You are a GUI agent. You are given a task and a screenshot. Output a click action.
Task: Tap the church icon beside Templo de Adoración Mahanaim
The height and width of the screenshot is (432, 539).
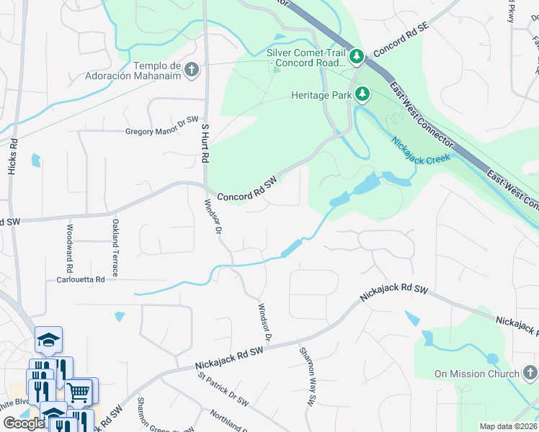tap(191, 70)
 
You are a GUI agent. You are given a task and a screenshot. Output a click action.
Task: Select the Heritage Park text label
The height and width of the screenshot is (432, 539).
tap(321, 94)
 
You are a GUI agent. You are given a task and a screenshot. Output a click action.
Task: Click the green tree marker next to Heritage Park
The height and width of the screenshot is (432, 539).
tap(364, 94)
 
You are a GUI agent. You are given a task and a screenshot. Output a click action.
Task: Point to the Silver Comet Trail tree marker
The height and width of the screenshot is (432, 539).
tap(356, 56)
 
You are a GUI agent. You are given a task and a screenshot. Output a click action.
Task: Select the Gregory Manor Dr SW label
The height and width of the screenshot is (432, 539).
tap(161, 131)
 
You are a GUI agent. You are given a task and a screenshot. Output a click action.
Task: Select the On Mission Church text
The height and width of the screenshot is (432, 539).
tap(476, 374)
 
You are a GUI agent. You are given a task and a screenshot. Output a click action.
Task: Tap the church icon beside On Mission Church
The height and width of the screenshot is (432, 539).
tap(530, 373)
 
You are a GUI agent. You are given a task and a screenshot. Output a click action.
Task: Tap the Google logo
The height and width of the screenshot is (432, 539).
tap(24, 423)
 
